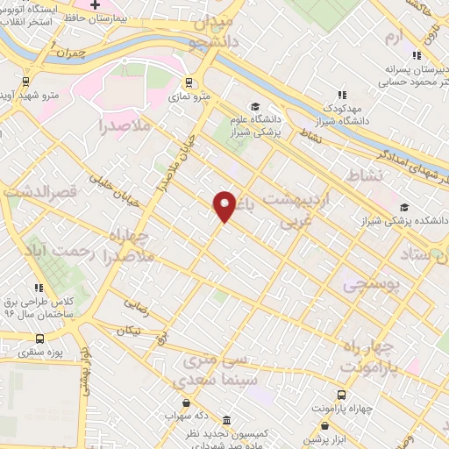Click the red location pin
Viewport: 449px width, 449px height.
[224, 206]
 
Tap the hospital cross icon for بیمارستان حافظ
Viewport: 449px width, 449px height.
[96, 6]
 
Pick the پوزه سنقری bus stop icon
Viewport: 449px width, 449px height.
[39, 339]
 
